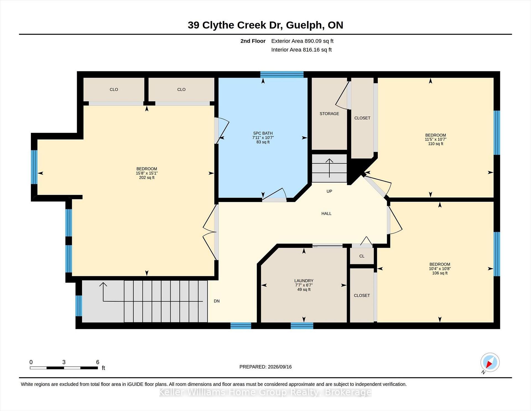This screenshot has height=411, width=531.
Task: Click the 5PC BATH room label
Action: (263, 133)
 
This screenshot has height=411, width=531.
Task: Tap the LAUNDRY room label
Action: (304, 281)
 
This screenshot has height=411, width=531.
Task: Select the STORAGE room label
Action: (329, 114)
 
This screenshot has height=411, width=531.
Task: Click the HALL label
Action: (326, 213)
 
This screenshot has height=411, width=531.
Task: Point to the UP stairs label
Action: (329, 191)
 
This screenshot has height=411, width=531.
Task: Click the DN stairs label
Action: (217, 301)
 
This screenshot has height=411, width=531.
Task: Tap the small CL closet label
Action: (362, 256)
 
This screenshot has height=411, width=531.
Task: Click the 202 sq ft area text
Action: (147, 178)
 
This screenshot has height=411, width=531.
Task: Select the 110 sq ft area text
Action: (436, 144)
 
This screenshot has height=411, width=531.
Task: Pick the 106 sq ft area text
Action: (440, 273)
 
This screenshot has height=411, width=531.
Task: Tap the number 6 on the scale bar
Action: (98, 362)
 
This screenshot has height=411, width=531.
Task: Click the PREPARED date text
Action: (265, 367)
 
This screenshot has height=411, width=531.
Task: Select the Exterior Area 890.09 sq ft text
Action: (302, 41)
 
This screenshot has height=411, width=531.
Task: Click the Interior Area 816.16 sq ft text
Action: (301, 50)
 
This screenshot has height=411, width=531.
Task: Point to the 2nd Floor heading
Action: (253, 41)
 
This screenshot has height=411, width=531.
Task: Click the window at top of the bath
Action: (282, 74)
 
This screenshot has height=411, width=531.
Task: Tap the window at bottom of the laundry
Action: (302, 326)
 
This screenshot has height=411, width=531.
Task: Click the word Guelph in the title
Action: (305, 25)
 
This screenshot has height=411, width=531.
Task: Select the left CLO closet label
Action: (114, 89)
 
